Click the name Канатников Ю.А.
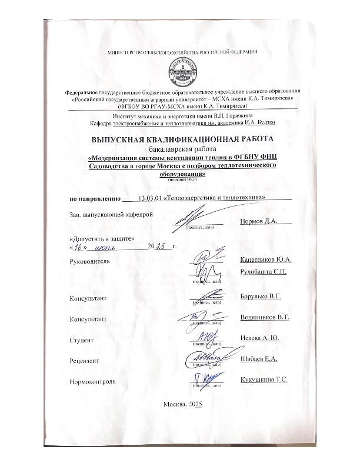(266, 259)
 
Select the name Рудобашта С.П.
(264, 271)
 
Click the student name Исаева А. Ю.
(260, 338)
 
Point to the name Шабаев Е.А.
(259, 359)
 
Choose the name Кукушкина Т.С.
(264, 380)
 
